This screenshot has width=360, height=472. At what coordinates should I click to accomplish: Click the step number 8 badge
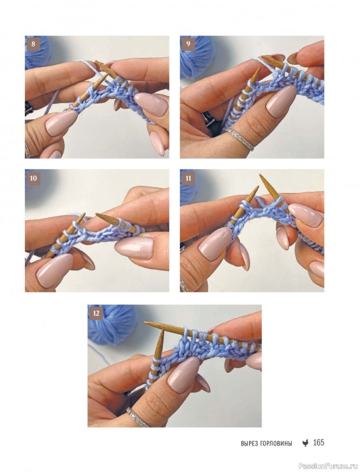point(33,44)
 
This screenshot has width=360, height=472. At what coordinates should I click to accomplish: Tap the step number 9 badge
point(188,44)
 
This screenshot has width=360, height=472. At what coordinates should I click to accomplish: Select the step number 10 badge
point(33,178)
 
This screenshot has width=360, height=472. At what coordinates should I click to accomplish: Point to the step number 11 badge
point(188,178)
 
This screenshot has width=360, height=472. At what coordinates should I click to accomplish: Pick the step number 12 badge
point(96,313)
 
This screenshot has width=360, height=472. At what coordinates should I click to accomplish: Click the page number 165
point(319,442)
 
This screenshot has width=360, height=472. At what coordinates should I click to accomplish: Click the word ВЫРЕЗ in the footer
point(248,444)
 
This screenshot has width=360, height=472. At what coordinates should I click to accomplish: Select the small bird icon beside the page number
point(305,443)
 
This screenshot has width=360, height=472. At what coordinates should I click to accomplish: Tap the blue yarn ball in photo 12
point(112,323)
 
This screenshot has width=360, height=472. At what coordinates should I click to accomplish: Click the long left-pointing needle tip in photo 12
point(145,323)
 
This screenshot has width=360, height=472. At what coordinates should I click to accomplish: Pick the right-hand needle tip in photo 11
point(260,175)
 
